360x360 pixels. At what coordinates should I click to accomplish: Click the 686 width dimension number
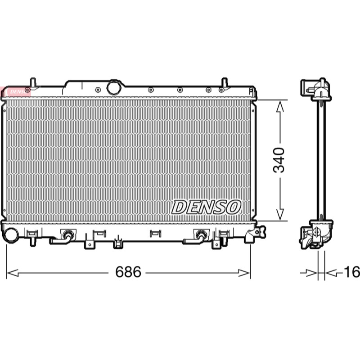[x=128, y=272]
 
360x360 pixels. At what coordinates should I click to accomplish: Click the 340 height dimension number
[x=279, y=160]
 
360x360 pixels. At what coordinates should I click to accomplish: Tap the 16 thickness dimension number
[x=352, y=272]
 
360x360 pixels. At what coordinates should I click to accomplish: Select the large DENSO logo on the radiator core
[x=206, y=207]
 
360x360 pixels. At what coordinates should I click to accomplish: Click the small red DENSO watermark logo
[x=16, y=92]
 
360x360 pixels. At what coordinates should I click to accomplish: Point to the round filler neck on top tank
[x=113, y=87]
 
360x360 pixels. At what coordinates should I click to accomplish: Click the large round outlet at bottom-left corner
[x=11, y=235]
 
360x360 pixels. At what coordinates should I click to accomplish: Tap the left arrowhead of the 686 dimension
[x=13, y=273]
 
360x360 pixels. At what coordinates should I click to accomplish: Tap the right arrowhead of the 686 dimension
[x=244, y=273]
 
